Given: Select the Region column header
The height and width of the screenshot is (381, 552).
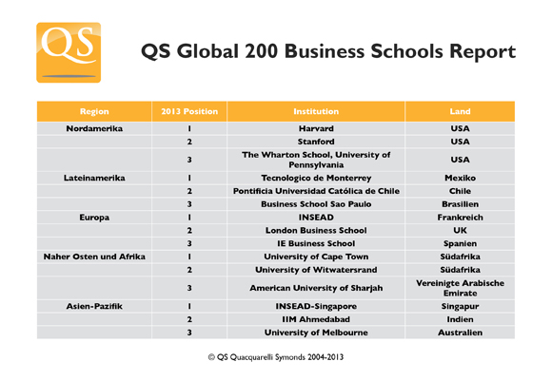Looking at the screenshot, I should [x=94, y=111].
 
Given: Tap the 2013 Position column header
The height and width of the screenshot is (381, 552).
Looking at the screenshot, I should [x=189, y=111].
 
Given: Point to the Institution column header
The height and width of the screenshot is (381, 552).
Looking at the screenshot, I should [x=316, y=111].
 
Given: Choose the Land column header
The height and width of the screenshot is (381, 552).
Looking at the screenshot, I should [x=461, y=111].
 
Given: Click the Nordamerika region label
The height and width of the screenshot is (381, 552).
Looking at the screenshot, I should [x=94, y=127].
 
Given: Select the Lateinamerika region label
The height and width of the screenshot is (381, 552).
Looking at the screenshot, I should [x=94, y=178].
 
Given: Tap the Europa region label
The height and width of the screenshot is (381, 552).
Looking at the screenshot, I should [x=94, y=217].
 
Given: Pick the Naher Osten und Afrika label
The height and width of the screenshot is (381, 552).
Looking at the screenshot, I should [x=94, y=257].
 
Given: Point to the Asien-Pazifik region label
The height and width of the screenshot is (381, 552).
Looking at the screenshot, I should [x=94, y=307].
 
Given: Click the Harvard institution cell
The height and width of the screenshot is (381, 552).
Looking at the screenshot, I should [x=316, y=127].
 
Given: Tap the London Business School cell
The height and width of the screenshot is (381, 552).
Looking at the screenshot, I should [x=316, y=230].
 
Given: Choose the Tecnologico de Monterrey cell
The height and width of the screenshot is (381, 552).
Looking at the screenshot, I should [x=316, y=178].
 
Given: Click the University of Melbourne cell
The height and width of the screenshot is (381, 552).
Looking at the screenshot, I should [x=316, y=333].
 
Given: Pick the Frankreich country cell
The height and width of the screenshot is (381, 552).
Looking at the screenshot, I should [x=461, y=217].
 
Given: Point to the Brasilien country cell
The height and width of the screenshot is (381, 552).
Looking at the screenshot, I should [x=461, y=203].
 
